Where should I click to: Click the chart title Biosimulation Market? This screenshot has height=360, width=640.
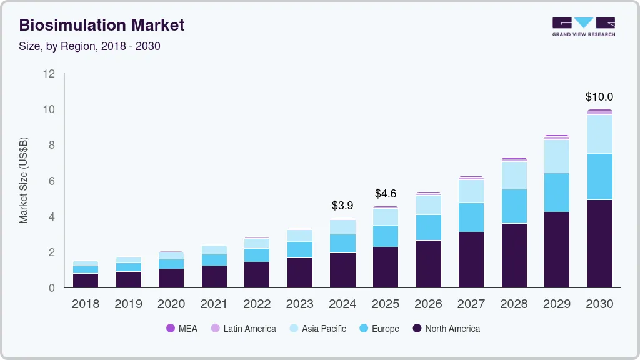[102, 26]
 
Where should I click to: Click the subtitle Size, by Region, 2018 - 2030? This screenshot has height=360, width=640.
[90, 46]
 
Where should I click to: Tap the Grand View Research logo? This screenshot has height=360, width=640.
[583, 27]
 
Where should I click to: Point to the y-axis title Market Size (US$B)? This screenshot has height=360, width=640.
[24, 180]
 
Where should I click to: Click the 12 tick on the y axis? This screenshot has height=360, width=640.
[49, 74]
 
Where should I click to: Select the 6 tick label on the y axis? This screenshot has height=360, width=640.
[52, 181]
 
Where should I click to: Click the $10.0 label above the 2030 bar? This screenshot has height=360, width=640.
[599, 97]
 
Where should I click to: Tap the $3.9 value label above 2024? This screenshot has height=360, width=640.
[342, 205]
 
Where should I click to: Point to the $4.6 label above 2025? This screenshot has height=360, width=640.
[386, 194]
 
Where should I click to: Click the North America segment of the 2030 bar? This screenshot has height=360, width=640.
[599, 244]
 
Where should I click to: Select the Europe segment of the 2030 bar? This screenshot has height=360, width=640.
[599, 176]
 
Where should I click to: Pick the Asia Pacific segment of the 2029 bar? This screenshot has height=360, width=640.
[556, 156]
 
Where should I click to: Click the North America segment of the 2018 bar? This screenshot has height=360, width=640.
[85, 280]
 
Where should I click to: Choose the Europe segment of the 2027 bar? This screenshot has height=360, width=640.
[471, 217]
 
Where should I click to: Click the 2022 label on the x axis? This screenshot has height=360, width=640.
[257, 304]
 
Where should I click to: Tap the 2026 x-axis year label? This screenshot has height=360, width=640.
[428, 304]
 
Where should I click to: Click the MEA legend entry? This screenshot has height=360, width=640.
[181, 328]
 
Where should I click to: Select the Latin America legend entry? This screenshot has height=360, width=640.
[243, 328]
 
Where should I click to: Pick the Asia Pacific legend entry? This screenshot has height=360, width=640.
[317, 328]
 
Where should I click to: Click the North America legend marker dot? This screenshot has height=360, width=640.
[417, 328]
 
